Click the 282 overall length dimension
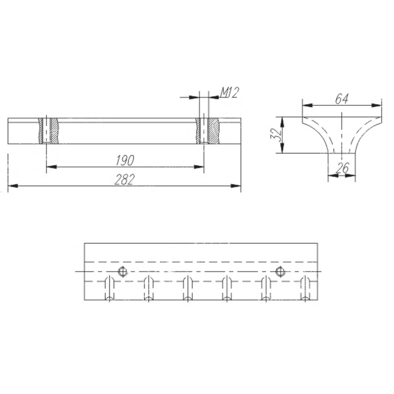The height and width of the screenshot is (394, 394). tap(125, 179)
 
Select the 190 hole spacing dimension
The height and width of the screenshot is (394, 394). tap(125, 160)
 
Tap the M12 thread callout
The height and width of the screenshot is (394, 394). tap(229, 92)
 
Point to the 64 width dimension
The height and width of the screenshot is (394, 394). tap(342, 99)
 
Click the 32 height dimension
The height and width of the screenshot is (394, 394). tap(275, 135)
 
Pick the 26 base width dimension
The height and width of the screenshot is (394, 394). tap(342, 168)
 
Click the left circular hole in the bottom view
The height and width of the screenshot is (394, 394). tap(122, 271)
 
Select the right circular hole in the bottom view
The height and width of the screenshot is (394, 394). tap(280, 271)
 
